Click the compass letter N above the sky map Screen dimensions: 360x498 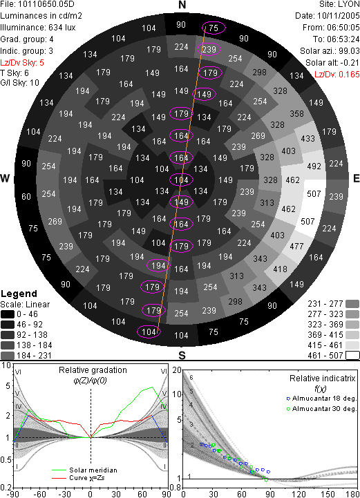click(182, 5)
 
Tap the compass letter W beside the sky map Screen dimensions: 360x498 click(5, 178)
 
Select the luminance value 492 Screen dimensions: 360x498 click(314, 166)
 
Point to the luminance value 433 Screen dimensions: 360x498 click(307, 138)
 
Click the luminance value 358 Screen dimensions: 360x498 click(296, 114)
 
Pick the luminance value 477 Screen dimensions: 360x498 click(296, 246)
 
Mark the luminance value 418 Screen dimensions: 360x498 click(280, 269)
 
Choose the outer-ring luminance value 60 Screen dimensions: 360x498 click(26, 197)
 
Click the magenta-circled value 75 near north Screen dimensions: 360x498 click(214, 28)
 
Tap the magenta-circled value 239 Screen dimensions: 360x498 click(209, 49)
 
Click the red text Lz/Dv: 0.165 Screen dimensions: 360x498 click(337, 75)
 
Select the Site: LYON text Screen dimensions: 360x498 click(339, 4)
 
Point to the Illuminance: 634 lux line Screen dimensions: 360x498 click(38, 28)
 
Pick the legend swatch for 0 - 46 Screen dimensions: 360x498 click(8, 314)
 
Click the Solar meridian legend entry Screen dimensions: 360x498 click(84, 470)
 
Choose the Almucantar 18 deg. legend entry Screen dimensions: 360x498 click(321, 399)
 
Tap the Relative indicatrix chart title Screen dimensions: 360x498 click(322, 379)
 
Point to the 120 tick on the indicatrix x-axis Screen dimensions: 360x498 click(299, 494)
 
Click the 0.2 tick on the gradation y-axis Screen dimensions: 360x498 click(6, 488)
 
